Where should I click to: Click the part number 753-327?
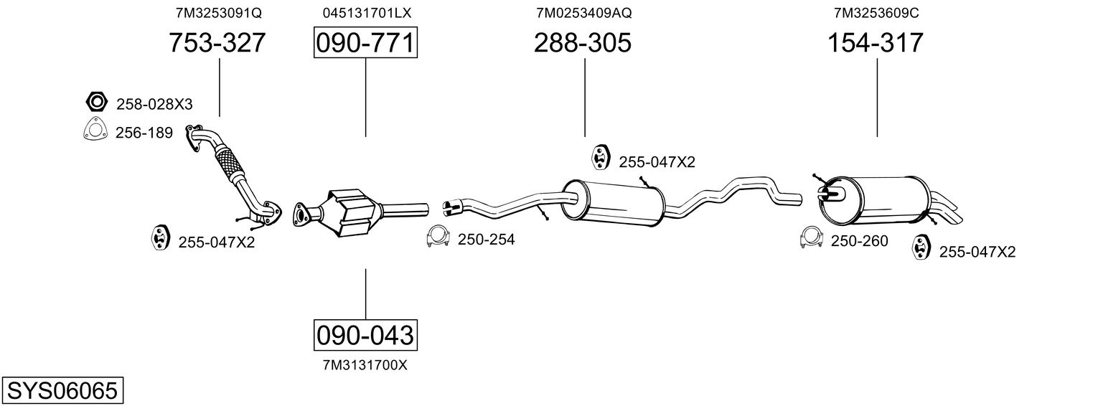pos(217,42)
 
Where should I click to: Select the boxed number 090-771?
pos(366,42)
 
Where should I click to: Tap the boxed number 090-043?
pos(366,336)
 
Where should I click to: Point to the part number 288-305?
pos(582,42)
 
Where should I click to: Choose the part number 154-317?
pos(876,42)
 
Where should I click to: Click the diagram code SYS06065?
pos(62,391)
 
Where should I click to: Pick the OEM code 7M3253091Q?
pos(219,13)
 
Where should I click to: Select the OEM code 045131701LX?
pos(367,13)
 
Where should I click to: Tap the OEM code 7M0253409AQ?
pos(583,13)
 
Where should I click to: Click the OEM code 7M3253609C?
pos(876,13)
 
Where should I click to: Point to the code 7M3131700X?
pos(365,365)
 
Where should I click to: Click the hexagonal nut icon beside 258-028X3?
pos(96,102)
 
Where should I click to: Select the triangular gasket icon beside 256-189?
pos(95,130)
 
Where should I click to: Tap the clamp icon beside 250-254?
pos(438,237)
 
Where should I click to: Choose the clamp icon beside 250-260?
pos(811,237)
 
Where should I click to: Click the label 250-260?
pos(859,241)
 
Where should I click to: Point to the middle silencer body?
pos(613,203)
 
